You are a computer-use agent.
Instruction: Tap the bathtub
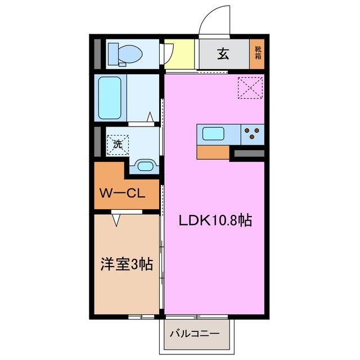[110, 97]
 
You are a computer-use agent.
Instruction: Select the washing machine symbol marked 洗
[118, 143]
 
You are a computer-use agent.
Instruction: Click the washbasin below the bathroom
[145, 165]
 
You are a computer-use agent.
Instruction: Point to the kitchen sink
[214, 134]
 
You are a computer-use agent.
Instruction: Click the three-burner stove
[253, 134]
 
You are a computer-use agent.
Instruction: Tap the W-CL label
[123, 194]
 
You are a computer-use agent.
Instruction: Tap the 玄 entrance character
[223, 54]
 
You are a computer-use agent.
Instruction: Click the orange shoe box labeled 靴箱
[258, 54]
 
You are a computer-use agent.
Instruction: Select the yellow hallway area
[180, 54]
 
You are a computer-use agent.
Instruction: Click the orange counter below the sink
[213, 152]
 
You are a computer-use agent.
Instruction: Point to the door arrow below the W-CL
[116, 220]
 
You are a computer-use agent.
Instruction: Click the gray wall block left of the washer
[97, 142]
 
